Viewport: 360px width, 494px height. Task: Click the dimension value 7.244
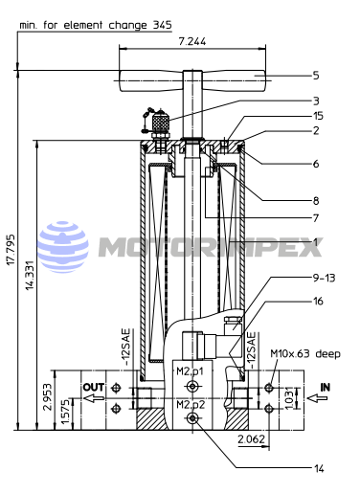192,41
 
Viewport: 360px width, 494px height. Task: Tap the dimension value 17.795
11,250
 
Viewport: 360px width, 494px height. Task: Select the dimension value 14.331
30,275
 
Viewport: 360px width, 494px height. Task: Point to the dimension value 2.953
48,397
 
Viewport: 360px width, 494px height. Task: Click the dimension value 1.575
66,413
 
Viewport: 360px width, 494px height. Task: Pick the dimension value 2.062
251,439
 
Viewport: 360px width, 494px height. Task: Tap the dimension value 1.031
288,398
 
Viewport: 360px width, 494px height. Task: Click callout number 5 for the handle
316,76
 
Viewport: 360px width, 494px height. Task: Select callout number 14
319,468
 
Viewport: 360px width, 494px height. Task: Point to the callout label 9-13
324,278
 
